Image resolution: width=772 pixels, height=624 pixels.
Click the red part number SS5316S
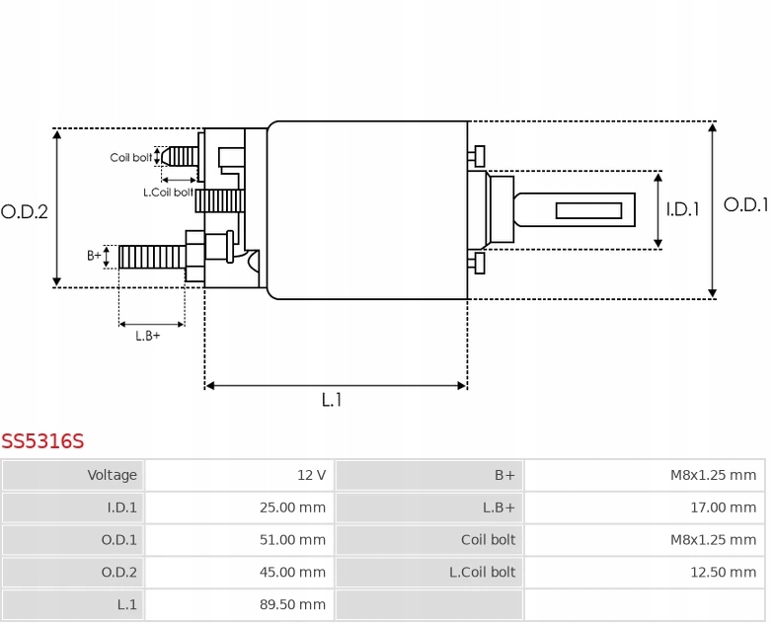42,441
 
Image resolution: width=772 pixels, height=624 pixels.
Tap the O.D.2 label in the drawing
25,211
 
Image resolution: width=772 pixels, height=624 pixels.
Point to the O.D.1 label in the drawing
745,205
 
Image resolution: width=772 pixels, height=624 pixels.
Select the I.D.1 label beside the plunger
682,209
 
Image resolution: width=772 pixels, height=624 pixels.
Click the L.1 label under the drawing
332,400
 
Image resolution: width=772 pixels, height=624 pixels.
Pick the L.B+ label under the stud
148,336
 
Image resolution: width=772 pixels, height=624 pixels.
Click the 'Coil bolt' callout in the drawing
130,158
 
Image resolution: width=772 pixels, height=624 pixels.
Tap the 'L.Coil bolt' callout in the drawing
168,193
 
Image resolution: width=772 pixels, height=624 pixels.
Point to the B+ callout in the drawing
94,256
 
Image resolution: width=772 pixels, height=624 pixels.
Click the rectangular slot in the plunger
588,210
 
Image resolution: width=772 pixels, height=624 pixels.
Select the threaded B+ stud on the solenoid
152,257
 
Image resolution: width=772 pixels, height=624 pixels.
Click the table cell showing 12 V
239,475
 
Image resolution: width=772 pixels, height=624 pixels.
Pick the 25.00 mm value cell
239,507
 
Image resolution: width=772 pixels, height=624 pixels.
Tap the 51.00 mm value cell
239,540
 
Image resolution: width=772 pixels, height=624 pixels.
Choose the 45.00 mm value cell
239,572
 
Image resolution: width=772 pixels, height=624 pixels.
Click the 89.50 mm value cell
239,604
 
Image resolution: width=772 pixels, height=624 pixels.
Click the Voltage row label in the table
74,475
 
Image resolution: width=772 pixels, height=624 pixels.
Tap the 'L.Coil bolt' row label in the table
429,572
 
